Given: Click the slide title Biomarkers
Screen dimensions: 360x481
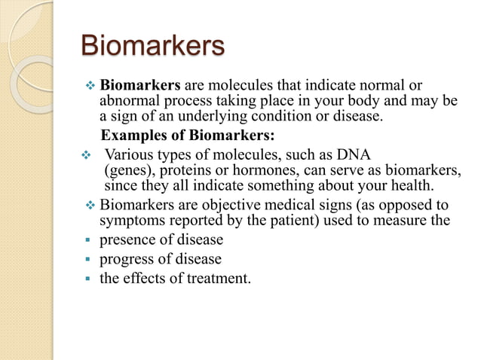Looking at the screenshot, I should coord(152,46).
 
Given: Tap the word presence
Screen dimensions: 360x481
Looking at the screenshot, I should coord(129,241).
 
